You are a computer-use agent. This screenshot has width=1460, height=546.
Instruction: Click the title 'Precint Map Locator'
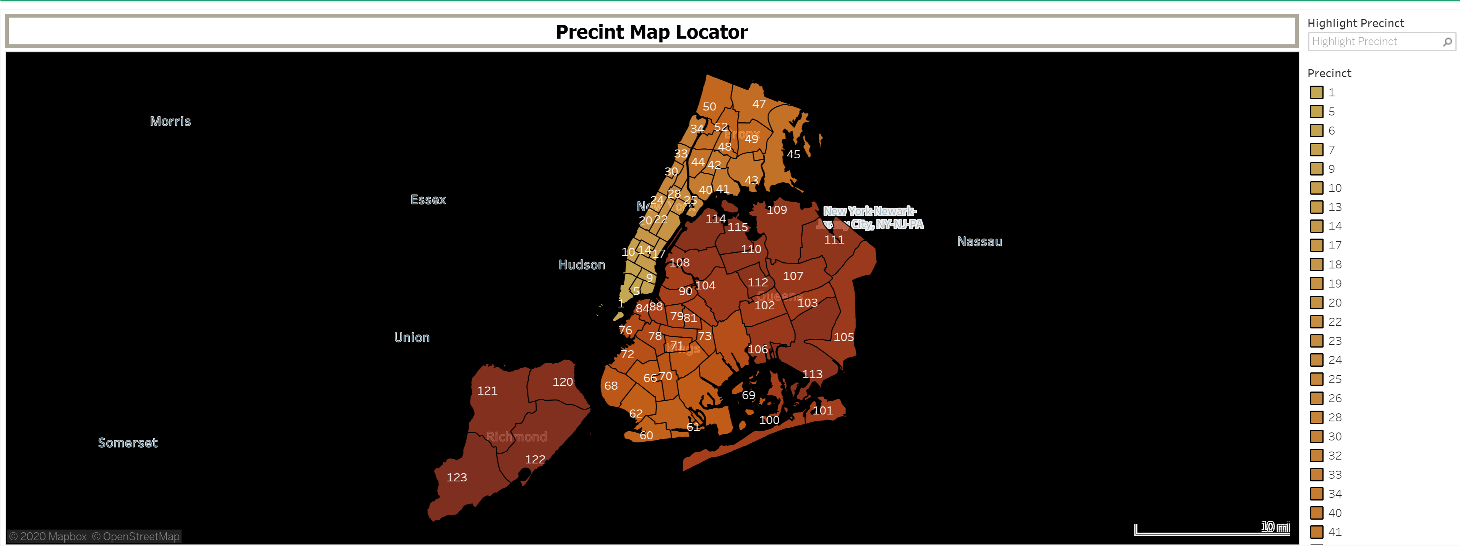pos(651,32)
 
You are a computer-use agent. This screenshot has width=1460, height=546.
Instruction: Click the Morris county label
pos(170,121)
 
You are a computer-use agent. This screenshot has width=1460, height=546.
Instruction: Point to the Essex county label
pos(428,200)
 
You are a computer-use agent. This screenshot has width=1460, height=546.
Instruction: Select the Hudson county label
pos(581,265)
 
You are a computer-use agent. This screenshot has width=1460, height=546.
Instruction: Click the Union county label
pos(412,337)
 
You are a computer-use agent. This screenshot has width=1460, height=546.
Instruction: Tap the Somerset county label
pos(128,443)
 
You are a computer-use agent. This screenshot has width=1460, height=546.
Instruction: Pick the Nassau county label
pos(979,242)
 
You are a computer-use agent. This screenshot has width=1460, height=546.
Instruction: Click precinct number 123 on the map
pos(456,478)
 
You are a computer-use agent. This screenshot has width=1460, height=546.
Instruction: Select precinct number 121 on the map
pos(487,391)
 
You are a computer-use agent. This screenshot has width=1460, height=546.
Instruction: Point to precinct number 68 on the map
pos(610,385)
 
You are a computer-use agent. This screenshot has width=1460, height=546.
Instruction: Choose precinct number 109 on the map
pos(777,210)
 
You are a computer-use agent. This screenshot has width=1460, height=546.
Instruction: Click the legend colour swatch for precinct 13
pos(1317,207)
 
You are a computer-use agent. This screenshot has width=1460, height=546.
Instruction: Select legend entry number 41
pos(1335,532)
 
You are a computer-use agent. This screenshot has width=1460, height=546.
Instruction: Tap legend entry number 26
pos(1335,398)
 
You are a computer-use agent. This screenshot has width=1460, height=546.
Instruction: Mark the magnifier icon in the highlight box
pos(1447,41)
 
